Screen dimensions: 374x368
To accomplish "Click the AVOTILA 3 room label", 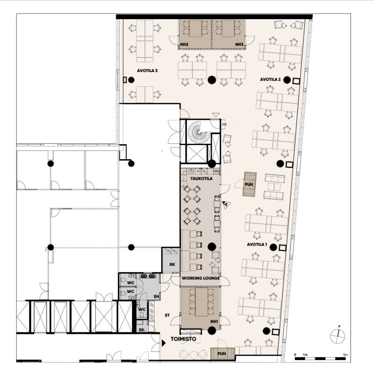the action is tap(147, 71).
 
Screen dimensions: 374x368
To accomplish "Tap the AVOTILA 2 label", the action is tap(270, 79).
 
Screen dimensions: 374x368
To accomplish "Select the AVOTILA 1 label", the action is tap(257, 244).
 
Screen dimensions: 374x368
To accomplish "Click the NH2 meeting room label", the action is tap(184, 44).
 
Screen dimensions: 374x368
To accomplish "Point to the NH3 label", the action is tap(239, 44).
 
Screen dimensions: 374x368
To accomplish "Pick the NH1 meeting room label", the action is tap(214, 322).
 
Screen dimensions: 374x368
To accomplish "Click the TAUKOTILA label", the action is tap(201, 178).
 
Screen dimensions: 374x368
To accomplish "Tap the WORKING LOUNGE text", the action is tap(201, 278).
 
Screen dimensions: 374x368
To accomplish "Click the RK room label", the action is tap(172, 265).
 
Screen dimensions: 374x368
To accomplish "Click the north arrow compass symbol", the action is tap(338, 336).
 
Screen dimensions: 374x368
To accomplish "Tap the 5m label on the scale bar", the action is tap(345, 354).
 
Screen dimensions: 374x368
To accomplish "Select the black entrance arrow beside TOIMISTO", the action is tap(164, 343).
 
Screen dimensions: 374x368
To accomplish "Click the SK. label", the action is tap(142, 330).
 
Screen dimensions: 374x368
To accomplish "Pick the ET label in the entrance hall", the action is tap(167, 315).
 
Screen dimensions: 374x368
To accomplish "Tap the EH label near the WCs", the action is tap(156, 296).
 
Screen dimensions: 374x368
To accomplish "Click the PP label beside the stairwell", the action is tap(224, 125).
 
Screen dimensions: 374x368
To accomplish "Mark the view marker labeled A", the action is tap(226, 205).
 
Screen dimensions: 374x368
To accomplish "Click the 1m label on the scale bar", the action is tap(305, 354).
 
